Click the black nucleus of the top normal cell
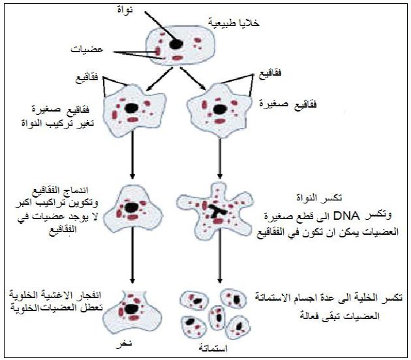click(x=176, y=43)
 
